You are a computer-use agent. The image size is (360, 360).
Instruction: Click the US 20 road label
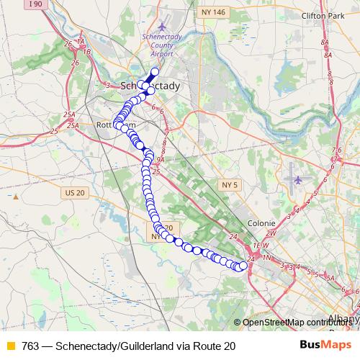(74, 192)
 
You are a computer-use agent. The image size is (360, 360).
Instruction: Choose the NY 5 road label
(229, 186)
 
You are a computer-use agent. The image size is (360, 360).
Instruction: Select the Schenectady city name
(151, 86)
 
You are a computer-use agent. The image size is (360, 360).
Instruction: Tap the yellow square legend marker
(10, 346)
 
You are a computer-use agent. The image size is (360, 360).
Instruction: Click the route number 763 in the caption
(31, 346)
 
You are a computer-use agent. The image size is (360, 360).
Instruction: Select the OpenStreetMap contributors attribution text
(299, 322)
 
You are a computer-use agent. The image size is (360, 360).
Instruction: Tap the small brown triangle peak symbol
(15, 196)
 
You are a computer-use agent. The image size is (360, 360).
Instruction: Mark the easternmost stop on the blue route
(243, 266)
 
